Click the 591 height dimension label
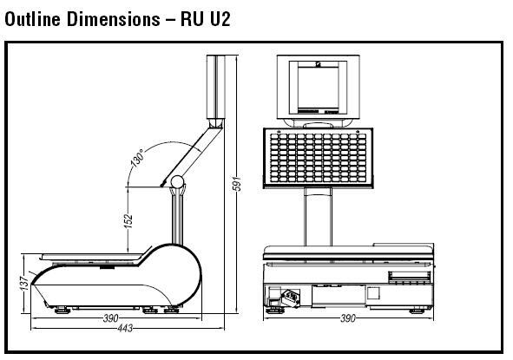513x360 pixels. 238,183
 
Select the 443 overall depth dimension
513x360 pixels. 125,328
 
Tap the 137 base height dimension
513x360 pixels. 24,283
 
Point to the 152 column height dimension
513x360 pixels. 128,221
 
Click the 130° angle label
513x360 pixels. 137,158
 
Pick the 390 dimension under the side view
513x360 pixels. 111,318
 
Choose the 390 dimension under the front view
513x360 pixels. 348,318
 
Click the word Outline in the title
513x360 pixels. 33,19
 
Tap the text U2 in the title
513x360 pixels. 220,19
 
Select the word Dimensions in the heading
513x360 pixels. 114,19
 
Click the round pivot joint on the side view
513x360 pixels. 177,182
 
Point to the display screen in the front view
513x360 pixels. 318,88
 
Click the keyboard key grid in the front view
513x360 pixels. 319,158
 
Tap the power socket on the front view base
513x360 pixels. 291,298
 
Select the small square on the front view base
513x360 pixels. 373,293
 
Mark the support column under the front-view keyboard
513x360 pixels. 318,217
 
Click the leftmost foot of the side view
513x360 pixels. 62,310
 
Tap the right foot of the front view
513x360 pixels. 417,310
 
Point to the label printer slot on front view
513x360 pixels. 409,277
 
